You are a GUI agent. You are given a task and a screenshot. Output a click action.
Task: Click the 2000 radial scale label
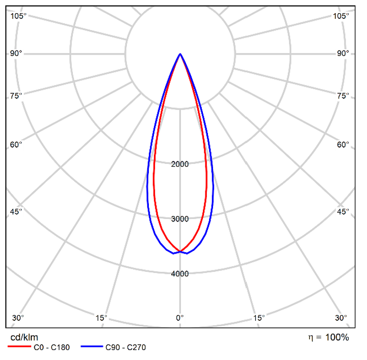tap(180, 164)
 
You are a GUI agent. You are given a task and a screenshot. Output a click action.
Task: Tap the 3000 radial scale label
tap(180, 219)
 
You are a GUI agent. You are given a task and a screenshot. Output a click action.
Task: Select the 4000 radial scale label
tap(180, 274)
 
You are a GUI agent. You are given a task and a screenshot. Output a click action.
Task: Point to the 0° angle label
tap(180, 318)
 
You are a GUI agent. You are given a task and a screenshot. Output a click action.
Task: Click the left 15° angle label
tap(101, 318)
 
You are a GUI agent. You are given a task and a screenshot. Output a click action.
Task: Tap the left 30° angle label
tap(18, 318)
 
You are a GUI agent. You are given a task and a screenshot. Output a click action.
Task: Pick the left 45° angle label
tap(17, 211)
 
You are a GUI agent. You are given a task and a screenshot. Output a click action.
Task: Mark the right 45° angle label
tap(343, 211)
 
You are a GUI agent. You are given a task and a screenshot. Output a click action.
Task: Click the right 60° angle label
tap(343, 145)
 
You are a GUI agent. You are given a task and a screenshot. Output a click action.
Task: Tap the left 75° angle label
tap(17, 96)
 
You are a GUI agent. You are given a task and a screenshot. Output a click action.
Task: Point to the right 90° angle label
tap(343, 53)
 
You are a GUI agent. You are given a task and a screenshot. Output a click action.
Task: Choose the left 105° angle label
tap(18, 16)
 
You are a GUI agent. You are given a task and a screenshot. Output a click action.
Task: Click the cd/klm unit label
tap(24, 337)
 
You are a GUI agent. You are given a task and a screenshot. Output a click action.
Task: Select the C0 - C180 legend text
tap(51, 348)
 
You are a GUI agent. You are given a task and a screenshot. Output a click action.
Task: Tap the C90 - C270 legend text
tap(125, 348)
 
